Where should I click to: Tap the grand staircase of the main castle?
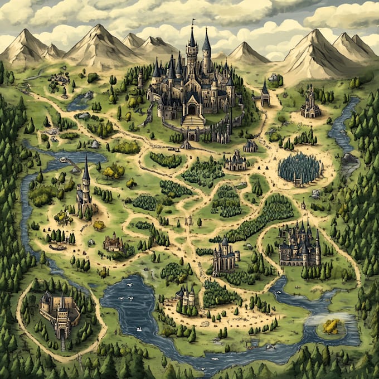pos(193,120)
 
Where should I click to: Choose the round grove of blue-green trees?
pos(300,167)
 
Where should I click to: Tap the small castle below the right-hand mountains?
pos(310,104)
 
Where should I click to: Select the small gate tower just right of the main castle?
pos(265,96)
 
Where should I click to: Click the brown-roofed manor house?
pos(113,242)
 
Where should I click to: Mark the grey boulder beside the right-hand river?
pos(349,159)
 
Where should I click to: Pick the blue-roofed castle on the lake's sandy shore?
pos(186,295)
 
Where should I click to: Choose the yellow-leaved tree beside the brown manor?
pos(99,225)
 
